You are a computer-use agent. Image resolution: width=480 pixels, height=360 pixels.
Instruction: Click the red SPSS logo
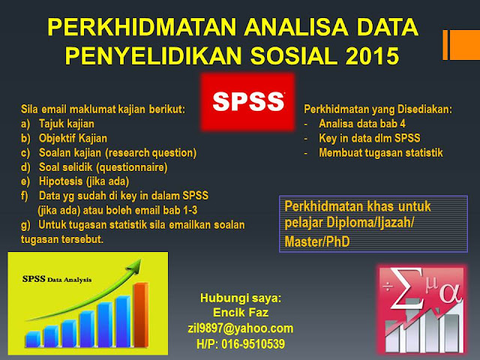(x=248, y=102)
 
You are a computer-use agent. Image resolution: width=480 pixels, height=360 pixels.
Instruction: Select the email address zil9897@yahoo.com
(x=240, y=328)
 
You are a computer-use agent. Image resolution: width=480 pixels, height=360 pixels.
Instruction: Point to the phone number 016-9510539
(x=253, y=343)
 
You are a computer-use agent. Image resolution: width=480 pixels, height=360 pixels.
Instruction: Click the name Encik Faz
(x=241, y=313)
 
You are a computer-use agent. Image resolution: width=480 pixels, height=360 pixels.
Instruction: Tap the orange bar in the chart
(x=141, y=315)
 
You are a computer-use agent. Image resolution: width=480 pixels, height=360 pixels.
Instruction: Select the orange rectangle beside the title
(x=461, y=45)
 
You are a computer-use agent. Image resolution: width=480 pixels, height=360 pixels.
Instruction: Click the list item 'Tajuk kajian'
(x=67, y=124)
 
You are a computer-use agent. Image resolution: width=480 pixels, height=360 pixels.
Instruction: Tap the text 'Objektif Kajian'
(x=73, y=138)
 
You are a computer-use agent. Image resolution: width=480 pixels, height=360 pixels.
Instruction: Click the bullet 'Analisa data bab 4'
(x=362, y=123)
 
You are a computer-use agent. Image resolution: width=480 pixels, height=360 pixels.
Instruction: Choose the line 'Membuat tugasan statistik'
(x=381, y=152)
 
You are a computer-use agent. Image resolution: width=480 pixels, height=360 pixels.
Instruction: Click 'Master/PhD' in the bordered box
(x=317, y=241)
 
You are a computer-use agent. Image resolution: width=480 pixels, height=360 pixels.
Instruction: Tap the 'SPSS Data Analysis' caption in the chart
(x=57, y=279)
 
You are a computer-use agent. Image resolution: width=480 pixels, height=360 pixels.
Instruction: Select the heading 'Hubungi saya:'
(x=241, y=298)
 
